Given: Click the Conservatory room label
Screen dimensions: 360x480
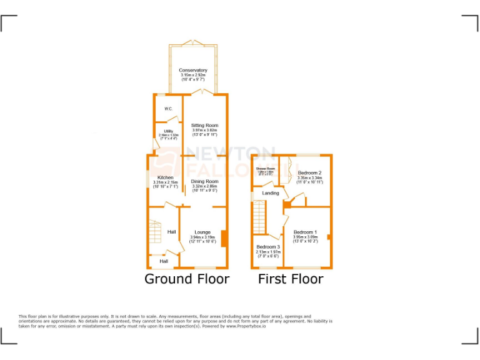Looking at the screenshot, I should (x=192, y=71).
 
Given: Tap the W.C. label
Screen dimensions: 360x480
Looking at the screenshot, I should (x=168, y=109).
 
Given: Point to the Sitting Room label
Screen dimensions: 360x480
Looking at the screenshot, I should (x=204, y=126).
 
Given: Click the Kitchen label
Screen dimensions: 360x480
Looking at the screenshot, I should (x=166, y=177).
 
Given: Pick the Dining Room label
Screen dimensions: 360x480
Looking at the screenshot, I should (x=204, y=181).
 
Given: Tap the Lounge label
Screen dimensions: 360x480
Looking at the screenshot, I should (x=202, y=232).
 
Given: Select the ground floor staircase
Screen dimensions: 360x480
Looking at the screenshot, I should (x=156, y=232).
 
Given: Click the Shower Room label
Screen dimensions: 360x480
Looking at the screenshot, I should (x=265, y=169).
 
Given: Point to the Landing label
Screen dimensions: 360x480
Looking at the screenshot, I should (x=270, y=193).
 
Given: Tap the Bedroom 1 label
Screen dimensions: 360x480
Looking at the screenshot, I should (x=306, y=232).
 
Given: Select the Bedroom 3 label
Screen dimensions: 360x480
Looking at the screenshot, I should (x=268, y=247).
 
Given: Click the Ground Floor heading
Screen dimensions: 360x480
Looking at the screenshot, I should (x=187, y=279).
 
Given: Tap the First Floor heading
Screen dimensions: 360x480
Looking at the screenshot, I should (x=291, y=279).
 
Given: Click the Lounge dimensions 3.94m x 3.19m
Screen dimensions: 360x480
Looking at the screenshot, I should (x=202, y=237).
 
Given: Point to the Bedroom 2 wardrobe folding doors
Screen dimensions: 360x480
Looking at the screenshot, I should (x=284, y=170).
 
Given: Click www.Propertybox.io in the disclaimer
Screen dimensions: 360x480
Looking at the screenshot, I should (x=241, y=326).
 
